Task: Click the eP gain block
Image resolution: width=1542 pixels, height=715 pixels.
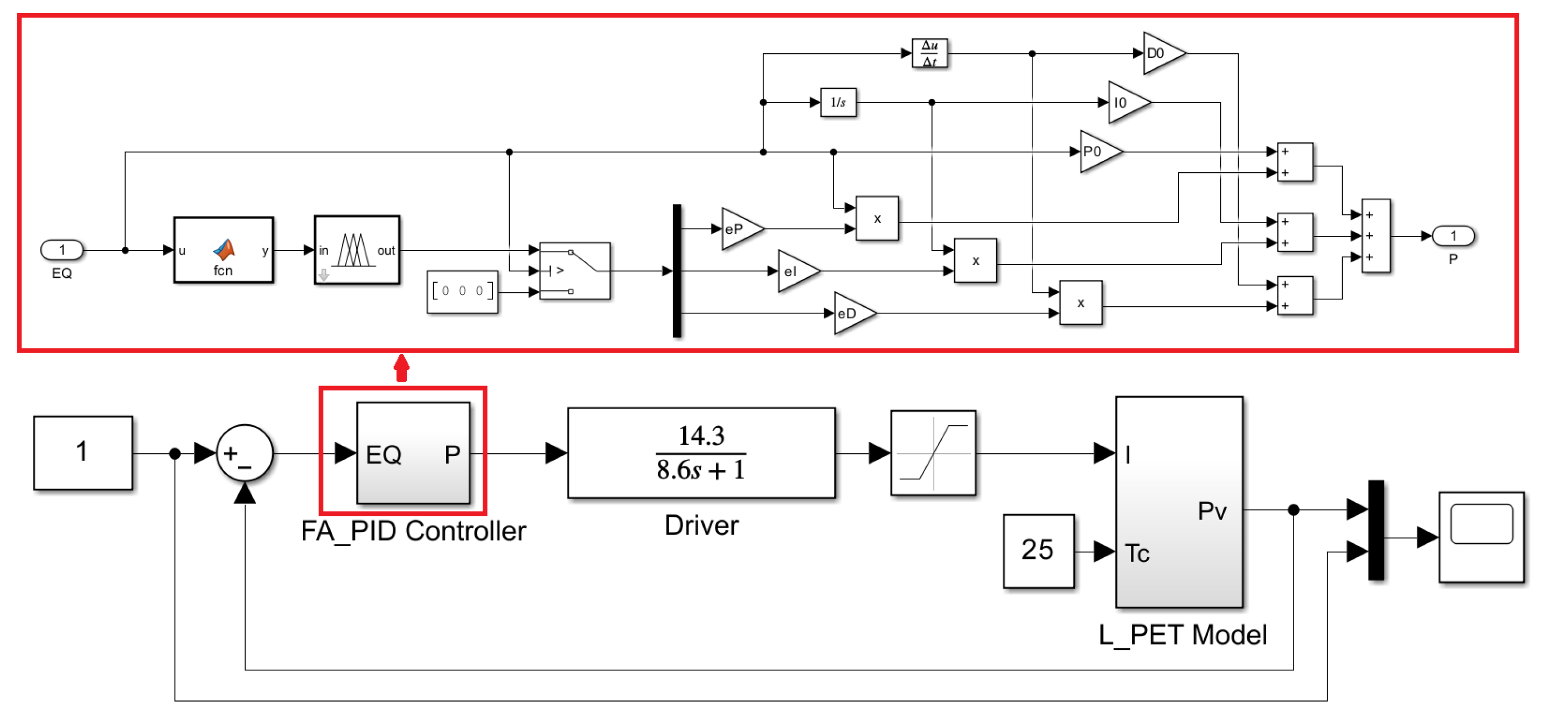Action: coord(739,229)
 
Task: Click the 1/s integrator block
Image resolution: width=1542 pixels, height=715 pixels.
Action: coord(837,102)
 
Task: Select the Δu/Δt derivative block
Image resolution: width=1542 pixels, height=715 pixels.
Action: coord(929,53)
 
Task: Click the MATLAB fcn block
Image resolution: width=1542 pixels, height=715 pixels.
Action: coord(223,250)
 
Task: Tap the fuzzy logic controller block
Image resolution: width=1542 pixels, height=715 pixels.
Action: coord(357,250)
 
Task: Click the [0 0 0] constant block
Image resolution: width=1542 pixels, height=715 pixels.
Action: coord(462,291)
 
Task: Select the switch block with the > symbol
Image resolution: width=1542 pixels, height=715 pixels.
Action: coord(575,271)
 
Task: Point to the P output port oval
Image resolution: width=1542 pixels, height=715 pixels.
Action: coord(1453,236)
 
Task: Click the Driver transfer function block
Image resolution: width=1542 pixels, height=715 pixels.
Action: coord(701,453)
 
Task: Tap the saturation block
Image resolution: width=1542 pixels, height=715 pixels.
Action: coord(933,453)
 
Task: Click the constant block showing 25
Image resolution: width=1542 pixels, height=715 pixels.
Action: coord(1038,550)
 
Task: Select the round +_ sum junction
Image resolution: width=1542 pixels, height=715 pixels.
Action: coord(244,453)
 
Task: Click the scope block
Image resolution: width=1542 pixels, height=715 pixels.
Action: coord(1481,537)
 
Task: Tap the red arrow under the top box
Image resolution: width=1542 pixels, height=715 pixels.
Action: coord(401,367)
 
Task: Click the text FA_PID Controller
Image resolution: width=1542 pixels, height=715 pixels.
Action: coord(413,531)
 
